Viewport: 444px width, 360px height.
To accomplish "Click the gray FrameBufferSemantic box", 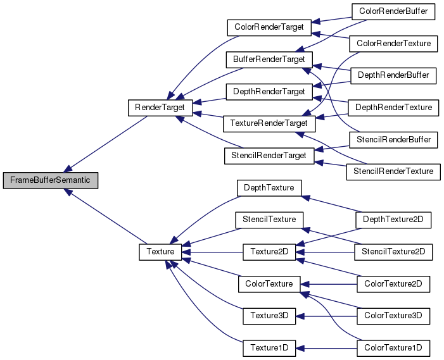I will [x=51, y=180].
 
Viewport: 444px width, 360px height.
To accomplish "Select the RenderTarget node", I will [x=160, y=108].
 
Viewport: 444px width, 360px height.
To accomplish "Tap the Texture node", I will [x=160, y=252].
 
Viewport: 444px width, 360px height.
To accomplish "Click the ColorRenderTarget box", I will [x=269, y=28].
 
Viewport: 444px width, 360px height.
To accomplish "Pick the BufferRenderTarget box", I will [x=269, y=59].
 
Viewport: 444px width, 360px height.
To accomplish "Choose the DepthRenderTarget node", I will [x=269, y=92].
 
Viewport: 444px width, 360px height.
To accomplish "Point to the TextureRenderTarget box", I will [x=269, y=123].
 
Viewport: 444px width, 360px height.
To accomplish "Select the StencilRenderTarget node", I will [x=269, y=155].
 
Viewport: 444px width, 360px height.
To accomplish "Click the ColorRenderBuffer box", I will [x=393, y=11].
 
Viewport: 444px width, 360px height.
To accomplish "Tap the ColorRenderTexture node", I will [x=393, y=44].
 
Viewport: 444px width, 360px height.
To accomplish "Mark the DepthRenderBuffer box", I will [x=393, y=75].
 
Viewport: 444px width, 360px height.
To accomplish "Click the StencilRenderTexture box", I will [x=393, y=171].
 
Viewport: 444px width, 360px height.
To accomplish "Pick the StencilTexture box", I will [x=269, y=220].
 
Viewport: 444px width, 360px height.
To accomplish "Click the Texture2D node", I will [x=269, y=252].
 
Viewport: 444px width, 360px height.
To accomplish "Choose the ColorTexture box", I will [x=269, y=284].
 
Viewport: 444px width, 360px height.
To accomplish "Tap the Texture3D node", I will [x=269, y=315].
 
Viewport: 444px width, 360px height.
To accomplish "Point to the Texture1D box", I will [x=269, y=347].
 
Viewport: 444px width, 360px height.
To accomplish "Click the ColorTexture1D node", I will [x=393, y=347].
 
